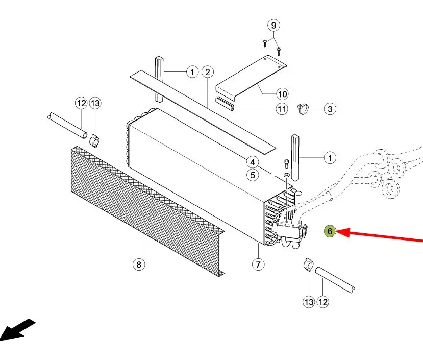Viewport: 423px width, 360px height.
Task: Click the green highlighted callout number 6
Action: [330, 231]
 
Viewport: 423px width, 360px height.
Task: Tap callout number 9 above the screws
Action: [273, 26]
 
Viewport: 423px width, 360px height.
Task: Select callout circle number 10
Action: [282, 94]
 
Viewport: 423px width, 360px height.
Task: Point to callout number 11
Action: [282, 109]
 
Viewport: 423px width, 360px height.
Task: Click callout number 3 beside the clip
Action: [330, 109]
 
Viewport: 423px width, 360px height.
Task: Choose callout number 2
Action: [208, 72]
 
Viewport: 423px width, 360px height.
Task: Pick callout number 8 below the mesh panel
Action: [139, 264]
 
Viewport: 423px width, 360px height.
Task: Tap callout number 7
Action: [258, 264]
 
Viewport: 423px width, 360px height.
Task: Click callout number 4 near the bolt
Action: [253, 162]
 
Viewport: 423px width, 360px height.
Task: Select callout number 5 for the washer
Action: [253, 175]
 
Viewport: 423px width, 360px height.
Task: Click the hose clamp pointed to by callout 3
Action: [303, 109]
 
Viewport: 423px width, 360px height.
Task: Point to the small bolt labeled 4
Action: [287, 164]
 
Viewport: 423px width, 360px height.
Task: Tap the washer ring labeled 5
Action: [286, 175]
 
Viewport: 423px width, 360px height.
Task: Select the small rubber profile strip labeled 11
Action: [225, 104]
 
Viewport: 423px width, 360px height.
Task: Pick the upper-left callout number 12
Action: [81, 103]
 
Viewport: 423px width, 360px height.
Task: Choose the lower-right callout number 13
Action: [309, 302]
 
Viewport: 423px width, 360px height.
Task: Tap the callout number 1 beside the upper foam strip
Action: [192, 72]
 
